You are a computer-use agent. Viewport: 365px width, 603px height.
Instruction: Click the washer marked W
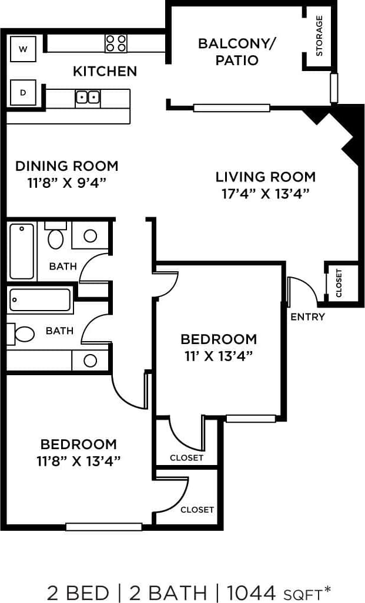[x=24, y=49]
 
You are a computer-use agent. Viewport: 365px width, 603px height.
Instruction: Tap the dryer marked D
[x=24, y=92]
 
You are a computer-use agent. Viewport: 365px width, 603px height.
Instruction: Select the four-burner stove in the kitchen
[x=116, y=42]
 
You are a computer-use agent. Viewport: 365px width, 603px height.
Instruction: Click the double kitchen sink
[x=88, y=97]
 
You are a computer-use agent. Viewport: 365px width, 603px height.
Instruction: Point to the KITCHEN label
[x=105, y=72]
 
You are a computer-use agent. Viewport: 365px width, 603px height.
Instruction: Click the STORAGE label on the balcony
[x=319, y=35]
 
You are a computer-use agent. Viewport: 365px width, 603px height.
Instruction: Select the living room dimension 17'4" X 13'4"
[x=265, y=194]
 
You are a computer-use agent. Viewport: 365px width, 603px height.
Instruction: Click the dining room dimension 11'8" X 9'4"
[x=66, y=183]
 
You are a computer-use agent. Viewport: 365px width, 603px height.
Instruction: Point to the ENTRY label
[x=307, y=317]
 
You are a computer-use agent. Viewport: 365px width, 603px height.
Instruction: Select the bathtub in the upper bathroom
[x=22, y=251]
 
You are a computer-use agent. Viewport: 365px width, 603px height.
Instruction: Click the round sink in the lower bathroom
[x=90, y=361]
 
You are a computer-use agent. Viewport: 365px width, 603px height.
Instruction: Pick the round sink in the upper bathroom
[x=90, y=235]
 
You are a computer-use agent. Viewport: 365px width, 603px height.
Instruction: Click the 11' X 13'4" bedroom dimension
[x=219, y=356]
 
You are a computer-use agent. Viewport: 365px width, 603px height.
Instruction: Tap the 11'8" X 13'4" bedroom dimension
[x=78, y=461]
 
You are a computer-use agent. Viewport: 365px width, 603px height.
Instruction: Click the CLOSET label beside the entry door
[x=339, y=283]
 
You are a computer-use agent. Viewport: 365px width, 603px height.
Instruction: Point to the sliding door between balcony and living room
[x=232, y=107]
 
